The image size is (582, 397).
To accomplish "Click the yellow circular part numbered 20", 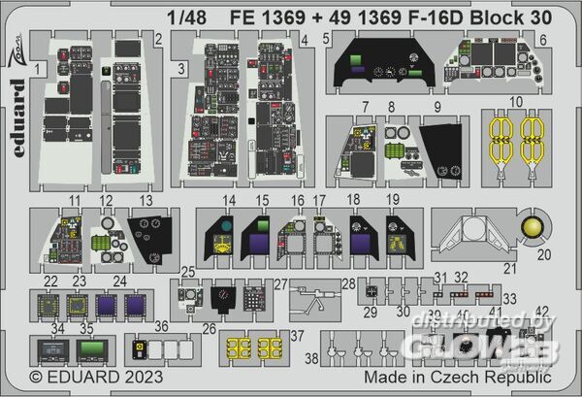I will [x=532, y=229].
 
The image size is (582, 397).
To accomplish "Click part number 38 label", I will [x=310, y=356].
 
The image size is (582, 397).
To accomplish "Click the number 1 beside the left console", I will [x=37, y=70].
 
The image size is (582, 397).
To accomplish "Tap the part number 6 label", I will [x=544, y=40].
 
